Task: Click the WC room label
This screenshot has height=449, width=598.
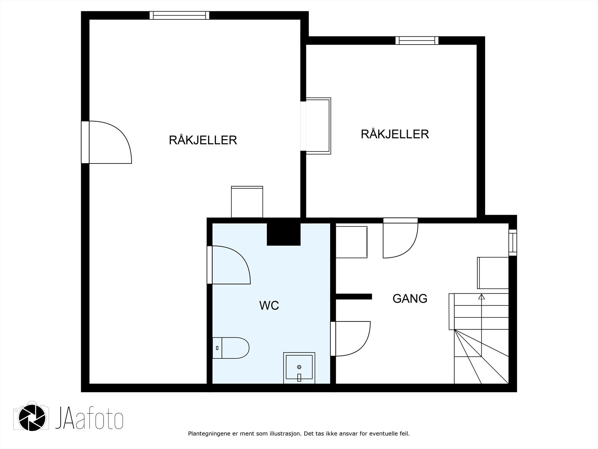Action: (x=269, y=306)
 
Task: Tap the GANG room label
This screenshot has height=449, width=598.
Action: (x=410, y=299)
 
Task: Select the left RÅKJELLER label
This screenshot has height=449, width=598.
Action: (x=203, y=140)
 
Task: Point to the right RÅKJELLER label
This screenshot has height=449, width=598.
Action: (x=395, y=134)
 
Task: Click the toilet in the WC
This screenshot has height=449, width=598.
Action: (x=231, y=348)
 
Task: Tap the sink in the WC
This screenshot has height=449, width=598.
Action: (x=299, y=368)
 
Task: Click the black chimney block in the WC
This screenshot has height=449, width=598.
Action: (x=283, y=234)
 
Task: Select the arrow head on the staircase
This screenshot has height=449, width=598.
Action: (x=481, y=297)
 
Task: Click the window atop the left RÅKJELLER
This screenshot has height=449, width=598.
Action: (x=179, y=15)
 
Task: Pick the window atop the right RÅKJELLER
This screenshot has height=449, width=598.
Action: (x=417, y=40)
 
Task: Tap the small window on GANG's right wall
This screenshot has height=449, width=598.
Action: (x=513, y=242)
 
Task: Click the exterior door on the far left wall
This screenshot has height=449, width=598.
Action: (x=107, y=142)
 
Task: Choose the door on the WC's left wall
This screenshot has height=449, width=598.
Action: (x=229, y=265)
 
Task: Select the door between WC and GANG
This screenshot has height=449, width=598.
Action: (x=350, y=339)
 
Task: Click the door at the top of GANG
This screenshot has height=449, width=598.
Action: (x=401, y=238)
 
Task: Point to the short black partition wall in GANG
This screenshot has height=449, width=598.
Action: (x=354, y=297)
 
